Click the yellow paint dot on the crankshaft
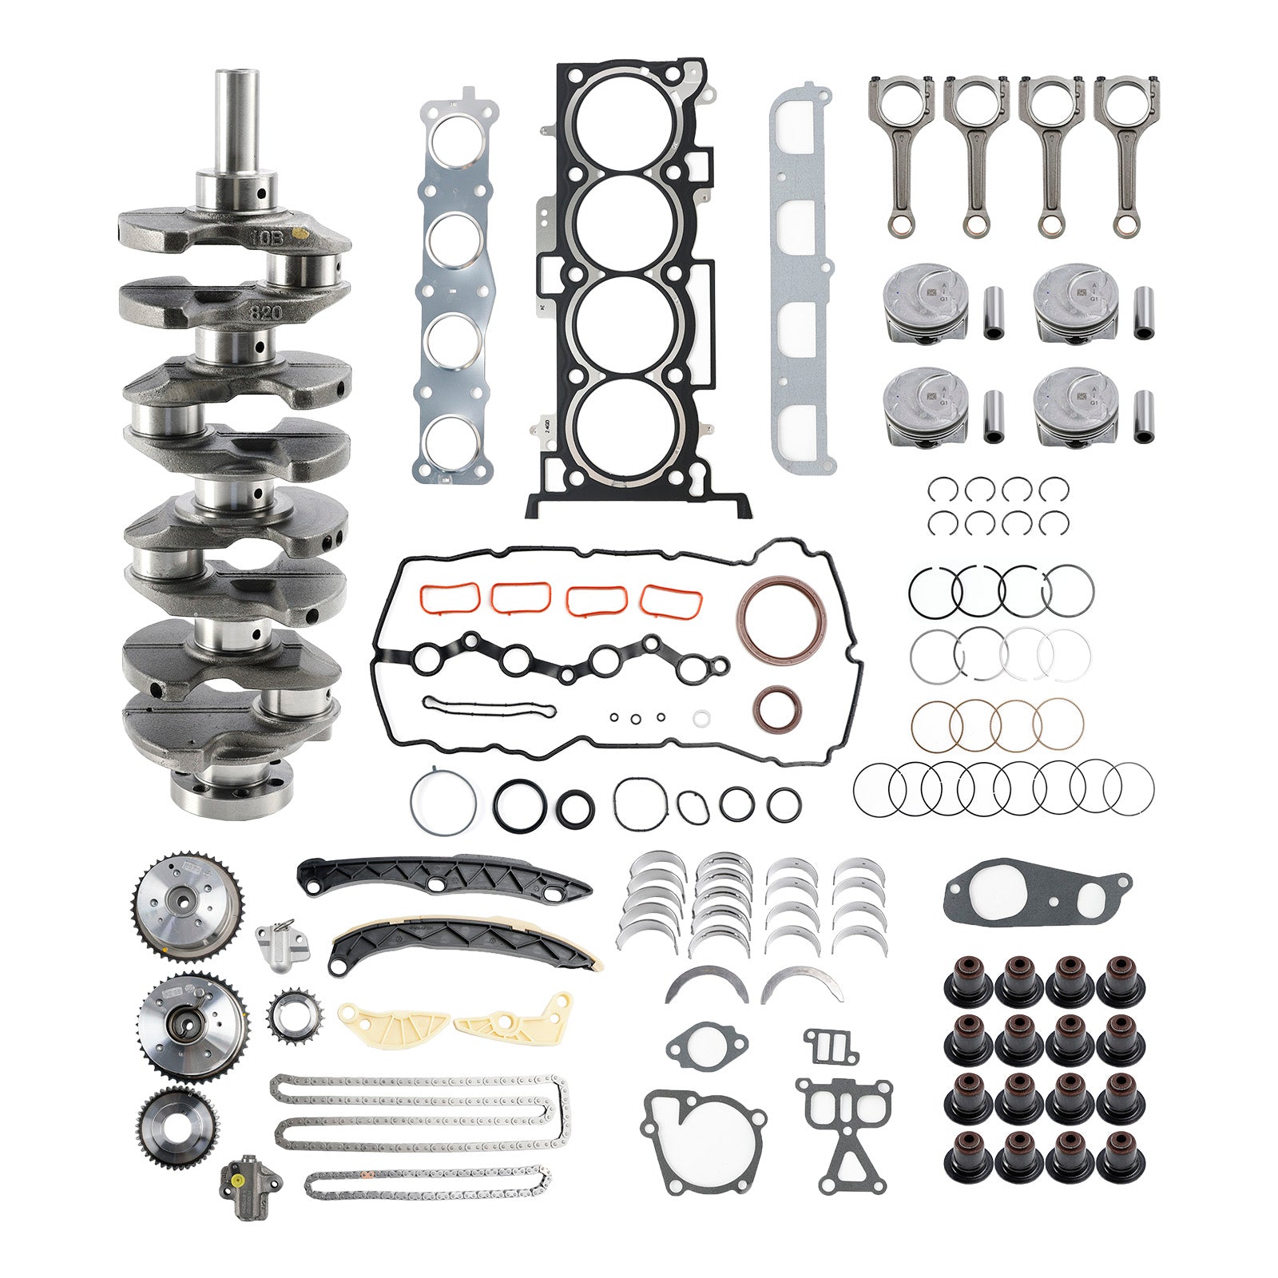301,234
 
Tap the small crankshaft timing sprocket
285,1014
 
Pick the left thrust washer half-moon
706,984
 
